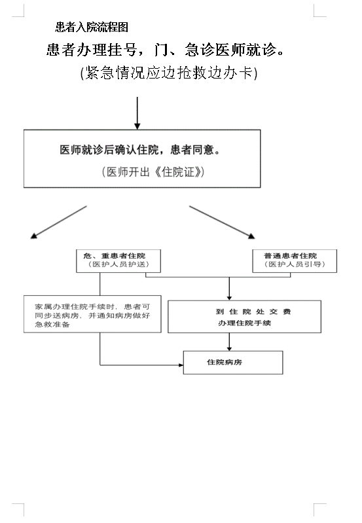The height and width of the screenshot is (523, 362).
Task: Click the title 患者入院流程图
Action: pos(92,27)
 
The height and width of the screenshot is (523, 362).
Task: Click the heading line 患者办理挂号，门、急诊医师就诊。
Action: pos(166,50)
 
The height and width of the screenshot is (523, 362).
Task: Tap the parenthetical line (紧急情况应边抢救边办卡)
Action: pos(169,73)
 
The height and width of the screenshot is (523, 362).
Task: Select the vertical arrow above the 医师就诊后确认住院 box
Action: pos(137,113)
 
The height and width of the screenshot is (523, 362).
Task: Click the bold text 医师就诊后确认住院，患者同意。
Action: pos(140,150)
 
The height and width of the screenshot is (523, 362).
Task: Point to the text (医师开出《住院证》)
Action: pos(153,171)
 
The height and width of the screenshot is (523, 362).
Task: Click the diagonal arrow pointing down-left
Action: pos(59,222)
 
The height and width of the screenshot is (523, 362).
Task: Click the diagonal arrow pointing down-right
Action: pos(222,222)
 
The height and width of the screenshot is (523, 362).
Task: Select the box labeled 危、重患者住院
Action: pos(118,261)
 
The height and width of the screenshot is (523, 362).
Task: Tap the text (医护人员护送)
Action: pos(118,264)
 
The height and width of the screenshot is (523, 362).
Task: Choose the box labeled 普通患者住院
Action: pos(295,261)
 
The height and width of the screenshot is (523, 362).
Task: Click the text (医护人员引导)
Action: pos(295,264)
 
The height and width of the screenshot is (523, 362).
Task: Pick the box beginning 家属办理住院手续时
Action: pos(92,314)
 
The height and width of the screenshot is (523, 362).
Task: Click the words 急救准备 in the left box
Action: pos(52,324)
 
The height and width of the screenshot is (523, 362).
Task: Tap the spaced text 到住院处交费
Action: pos(253,312)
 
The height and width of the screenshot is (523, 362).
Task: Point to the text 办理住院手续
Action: pos(245,323)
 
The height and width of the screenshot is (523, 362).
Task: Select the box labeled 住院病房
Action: pos(233,362)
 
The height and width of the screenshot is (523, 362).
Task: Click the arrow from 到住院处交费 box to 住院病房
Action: pos(229,342)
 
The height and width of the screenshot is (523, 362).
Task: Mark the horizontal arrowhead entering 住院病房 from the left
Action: pos(181,365)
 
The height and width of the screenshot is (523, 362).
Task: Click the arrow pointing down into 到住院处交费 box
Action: pos(229,289)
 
